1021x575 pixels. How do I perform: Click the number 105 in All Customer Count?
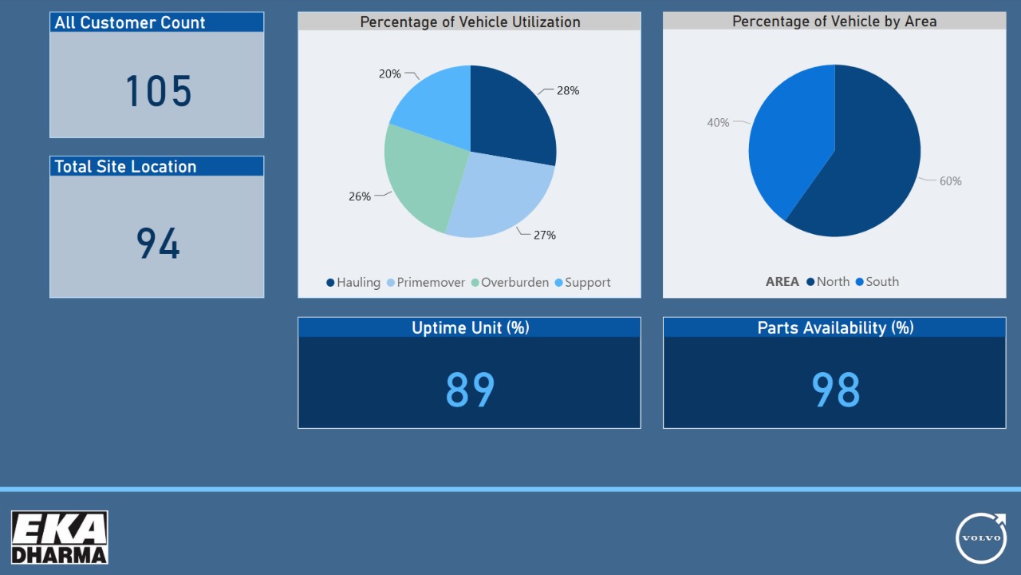point(159,91)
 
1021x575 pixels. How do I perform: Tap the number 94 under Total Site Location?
point(158,244)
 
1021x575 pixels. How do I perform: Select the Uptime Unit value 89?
point(470,391)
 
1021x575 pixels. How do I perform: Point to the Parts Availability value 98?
point(835,391)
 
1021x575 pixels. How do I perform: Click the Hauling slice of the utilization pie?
point(510,116)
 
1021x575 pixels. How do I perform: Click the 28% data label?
point(568,91)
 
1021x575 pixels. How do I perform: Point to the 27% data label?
point(545,236)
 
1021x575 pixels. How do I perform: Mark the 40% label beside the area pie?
point(718,123)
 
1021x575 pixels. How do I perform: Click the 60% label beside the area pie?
point(950,181)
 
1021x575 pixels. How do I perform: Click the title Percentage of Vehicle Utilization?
point(470,22)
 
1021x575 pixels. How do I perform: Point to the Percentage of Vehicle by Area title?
point(834,22)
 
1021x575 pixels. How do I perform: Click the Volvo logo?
point(981,537)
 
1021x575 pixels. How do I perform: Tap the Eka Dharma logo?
point(60,537)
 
